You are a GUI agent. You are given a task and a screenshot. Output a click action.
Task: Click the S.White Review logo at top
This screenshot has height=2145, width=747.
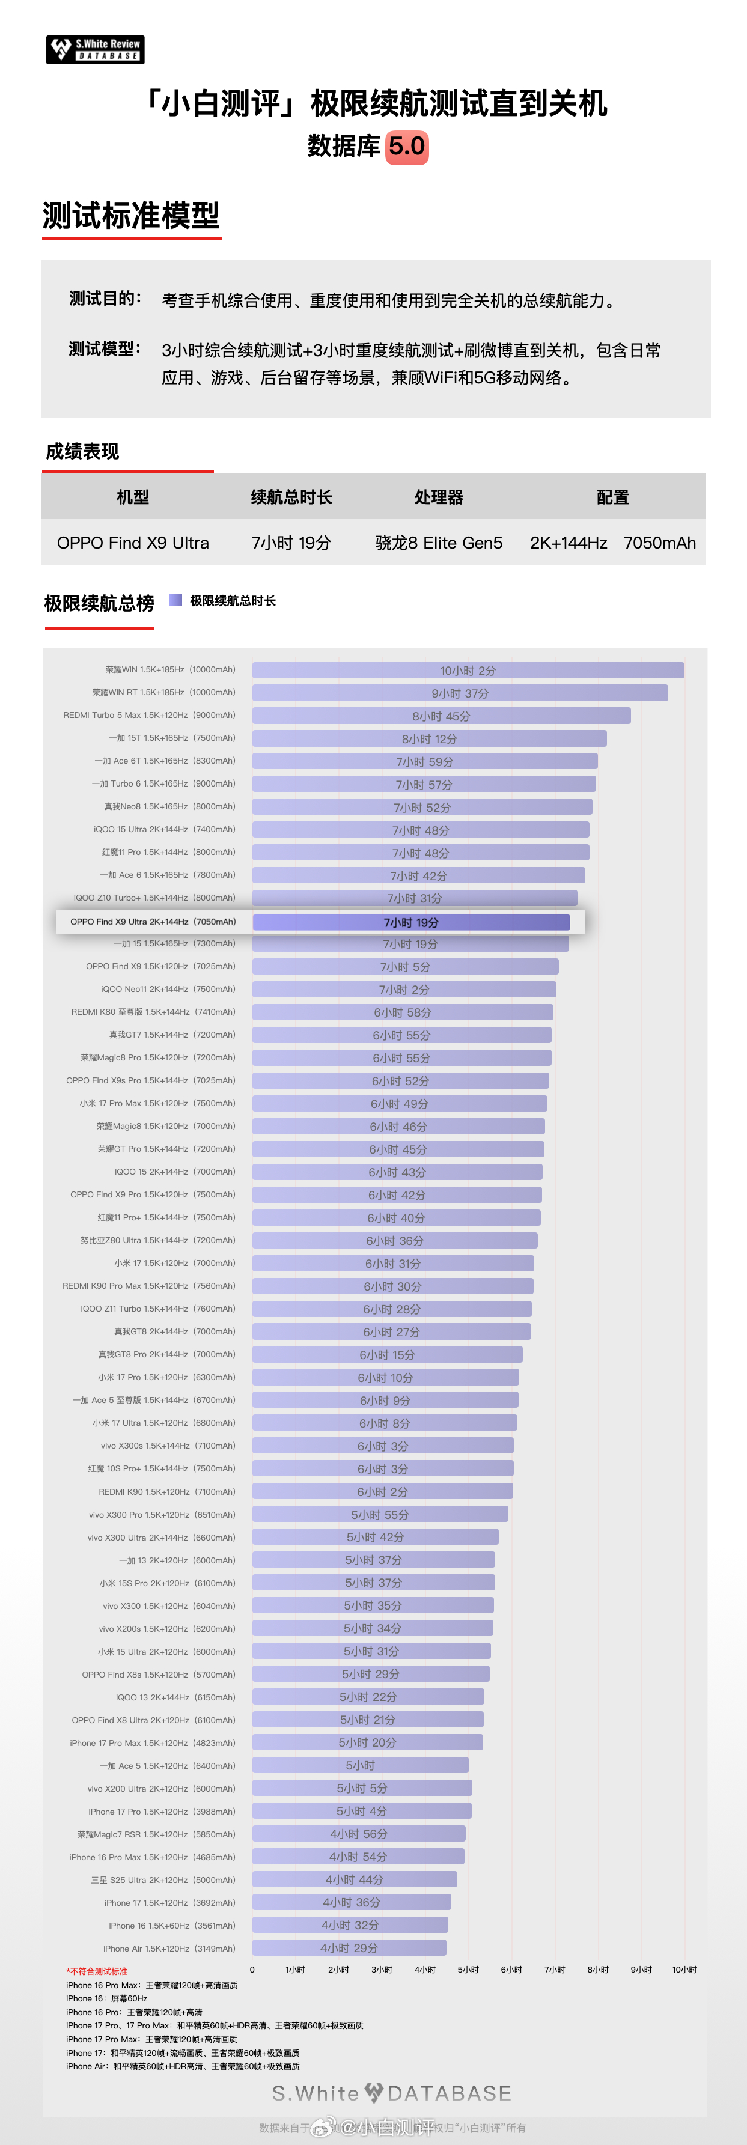(x=95, y=50)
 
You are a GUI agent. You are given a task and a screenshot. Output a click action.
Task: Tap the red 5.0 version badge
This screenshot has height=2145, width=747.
(x=406, y=147)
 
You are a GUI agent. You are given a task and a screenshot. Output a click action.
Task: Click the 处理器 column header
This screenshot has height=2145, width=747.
(x=438, y=497)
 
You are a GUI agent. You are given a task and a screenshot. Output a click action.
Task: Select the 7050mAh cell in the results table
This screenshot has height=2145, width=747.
(x=659, y=543)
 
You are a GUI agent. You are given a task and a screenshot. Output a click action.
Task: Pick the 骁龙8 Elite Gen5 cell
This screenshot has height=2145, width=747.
(x=439, y=543)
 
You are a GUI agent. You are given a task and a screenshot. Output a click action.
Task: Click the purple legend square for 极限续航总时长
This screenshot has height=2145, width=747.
(x=175, y=600)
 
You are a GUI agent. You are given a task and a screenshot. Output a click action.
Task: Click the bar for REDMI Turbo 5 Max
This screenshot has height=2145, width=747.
(x=441, y=716)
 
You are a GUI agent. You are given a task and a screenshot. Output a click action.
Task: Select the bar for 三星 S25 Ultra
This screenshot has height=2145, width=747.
(x=354, y=1879)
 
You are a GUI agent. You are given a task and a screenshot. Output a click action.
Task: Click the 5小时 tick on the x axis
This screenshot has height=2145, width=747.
(x=468, y=1970)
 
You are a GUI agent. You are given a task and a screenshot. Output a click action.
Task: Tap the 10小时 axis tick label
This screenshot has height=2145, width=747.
(x=684, y=1970)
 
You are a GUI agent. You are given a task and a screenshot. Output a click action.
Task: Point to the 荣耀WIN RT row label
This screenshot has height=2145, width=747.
(x=163, y=692)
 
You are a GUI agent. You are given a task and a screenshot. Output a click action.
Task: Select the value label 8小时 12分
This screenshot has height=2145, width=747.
(x=429, y=740)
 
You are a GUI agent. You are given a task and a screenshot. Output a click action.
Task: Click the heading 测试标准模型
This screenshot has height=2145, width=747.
(x=131, y=216)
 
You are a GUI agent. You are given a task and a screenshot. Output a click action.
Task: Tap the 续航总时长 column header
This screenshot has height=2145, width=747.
(x=291, y=497)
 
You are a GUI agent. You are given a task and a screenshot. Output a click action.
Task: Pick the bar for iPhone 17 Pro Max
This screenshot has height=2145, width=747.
(x=367, y=1743)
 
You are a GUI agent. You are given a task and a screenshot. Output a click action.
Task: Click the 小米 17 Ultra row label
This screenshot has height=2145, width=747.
(x=163, y=1423)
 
